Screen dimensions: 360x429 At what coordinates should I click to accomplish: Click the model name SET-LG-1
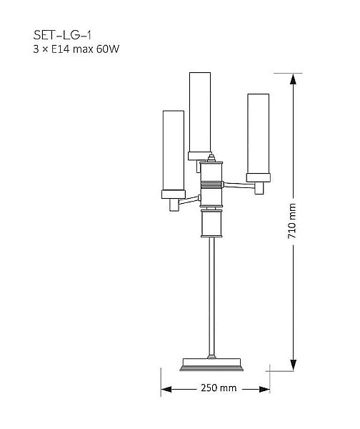point(62,35)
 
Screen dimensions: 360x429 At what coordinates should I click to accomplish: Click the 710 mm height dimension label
point(291,221)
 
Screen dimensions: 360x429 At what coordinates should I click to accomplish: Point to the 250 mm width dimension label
point(219,388)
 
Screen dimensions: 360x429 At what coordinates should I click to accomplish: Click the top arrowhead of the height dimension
point(293,79)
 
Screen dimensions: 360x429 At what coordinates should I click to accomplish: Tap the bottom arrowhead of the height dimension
point(293,365)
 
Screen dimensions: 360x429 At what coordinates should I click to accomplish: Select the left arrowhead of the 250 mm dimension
point(166,389)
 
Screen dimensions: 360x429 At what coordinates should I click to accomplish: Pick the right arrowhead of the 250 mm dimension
point(264,389)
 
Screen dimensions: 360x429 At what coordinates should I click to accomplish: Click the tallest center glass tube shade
point(200,112)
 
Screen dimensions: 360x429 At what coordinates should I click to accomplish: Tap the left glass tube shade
point(174,150)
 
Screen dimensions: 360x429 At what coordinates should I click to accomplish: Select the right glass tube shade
point(259,134)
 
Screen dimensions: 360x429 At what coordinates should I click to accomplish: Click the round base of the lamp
point(211,365)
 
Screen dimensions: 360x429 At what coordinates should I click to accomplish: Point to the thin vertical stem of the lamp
point(211,296)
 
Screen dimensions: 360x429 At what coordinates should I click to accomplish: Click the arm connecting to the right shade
point(239,185)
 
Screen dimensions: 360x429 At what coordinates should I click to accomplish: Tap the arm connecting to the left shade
point(189,200)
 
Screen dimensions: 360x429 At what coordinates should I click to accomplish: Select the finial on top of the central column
point(211,158)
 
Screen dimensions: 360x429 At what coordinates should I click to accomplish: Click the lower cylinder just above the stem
point(211,223)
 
